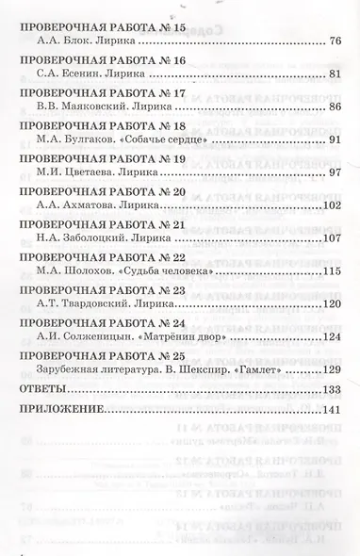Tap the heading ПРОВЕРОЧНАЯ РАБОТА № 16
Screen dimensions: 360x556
[90, 58]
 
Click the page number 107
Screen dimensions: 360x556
[335, 238]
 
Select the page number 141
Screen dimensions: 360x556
[335, 412]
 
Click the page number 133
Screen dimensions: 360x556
[335, 388]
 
